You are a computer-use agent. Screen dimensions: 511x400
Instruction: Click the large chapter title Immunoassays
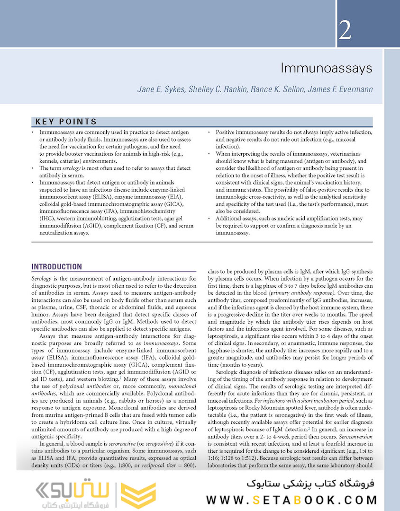(x=326, y=68)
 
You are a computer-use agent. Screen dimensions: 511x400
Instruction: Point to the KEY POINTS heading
(x=66, y=122)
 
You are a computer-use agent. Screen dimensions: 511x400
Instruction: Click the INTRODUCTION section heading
(x=57, y=267)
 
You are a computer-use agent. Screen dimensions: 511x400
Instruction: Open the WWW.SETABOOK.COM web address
(x=292, y=499)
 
